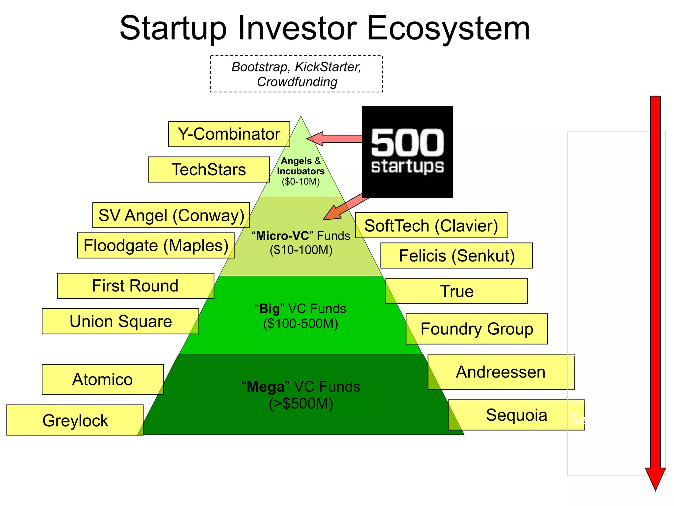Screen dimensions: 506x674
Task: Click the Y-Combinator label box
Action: coord(229,134)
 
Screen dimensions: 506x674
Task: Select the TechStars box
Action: coord(209,170)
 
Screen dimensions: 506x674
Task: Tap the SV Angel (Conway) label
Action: coord(171,215)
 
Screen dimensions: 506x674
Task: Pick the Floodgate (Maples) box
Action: coord(156,245)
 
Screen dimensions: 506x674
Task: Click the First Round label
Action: coord(135,286)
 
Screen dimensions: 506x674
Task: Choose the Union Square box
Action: coord(120,321)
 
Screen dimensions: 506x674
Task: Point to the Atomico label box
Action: coord(103,379)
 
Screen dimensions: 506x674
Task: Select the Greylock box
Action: coord(75,420)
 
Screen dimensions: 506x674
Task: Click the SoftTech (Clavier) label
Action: coord(431,225)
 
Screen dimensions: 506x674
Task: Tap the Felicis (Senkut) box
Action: coord(456,256)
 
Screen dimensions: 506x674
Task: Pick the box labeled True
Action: coord(457,291)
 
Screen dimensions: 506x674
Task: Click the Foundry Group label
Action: coord(477,329)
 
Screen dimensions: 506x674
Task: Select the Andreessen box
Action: coord(501,372)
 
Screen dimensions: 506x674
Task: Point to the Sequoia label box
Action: coord(516,415)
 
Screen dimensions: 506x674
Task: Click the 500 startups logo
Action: coord(407,152)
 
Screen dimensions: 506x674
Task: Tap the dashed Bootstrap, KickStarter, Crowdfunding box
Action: coord(297,74)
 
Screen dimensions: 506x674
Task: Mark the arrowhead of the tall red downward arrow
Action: coord(655,478)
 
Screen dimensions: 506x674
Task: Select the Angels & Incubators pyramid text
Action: coord(300,171)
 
